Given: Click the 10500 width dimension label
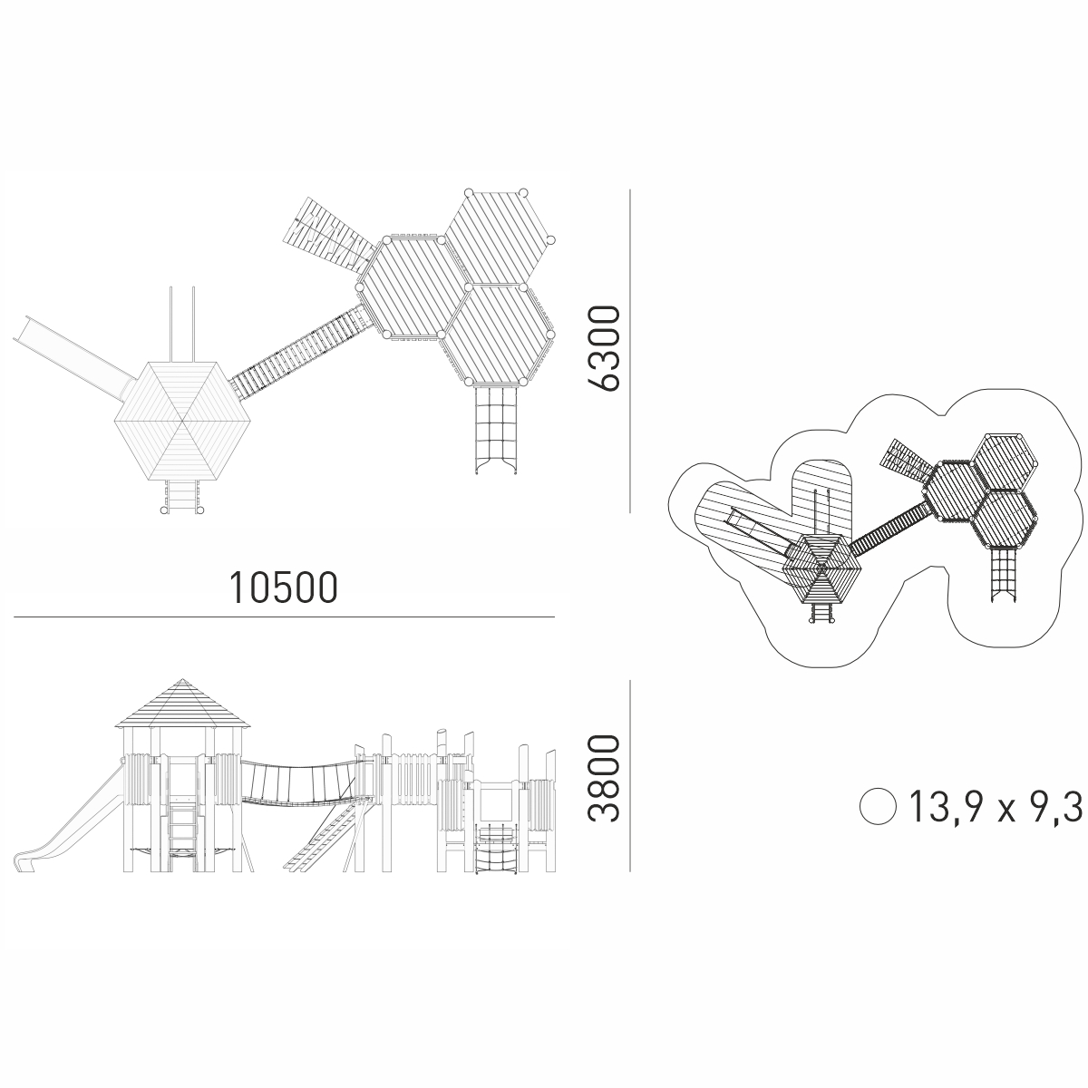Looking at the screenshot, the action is [x=283, y=588].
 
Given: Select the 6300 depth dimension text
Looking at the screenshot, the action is [x=603, y=348].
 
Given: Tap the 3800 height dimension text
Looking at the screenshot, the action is [x=603, y=779].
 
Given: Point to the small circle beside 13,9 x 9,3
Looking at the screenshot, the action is [x=878, y=807].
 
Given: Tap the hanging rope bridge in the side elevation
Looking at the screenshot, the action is [x=304, y=782].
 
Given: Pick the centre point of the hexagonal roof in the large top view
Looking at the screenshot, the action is [x=182, y=421].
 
